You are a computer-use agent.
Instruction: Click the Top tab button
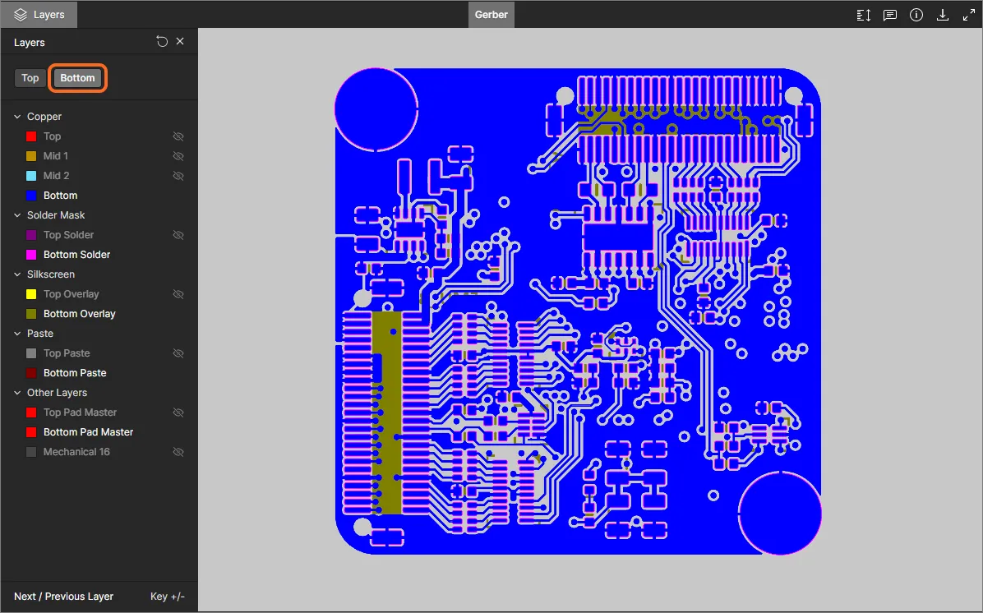pos(30,78)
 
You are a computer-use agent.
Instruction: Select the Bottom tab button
pos(78,78)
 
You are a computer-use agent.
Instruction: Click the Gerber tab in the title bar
pos(491,15)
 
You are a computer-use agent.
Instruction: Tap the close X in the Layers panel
pos(180,41)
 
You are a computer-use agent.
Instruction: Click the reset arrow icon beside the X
pos(162,41)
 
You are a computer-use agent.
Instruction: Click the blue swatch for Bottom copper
pos(31,196)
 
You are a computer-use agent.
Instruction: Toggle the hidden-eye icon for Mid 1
pos(178,156)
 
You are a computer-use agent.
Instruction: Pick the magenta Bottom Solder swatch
pos(31,255)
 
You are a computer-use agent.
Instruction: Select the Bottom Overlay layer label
pos(80,313)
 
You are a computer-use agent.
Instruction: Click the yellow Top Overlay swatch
pos(31,294)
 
